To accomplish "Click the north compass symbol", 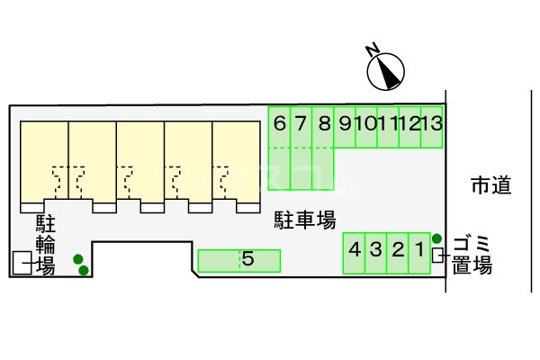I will tap(387, 69).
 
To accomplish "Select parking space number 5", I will tap(239, 261).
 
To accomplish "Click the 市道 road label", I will tap(491, 186).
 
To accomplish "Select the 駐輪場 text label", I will tap(45, 244).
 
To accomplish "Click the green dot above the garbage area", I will tap(436, 238).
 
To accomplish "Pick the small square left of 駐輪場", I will tap(20, 263).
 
